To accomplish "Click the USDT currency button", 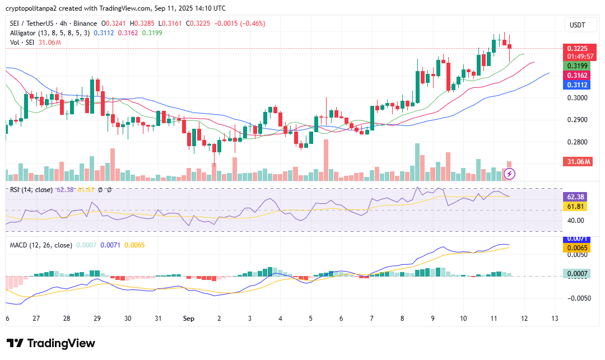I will click(x=577, y=25).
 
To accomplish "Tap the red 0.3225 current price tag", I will click(x=577, y=49).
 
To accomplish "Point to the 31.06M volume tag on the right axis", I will click(x=577, y=162).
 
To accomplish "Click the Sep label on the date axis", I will click(x=188, y=319).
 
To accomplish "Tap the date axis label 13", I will click(x=555, y=319).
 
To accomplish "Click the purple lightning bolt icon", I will click(x=510, y=174).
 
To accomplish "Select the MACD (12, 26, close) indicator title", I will click(x=41, y=245).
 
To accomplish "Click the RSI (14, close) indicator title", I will click(x=32, y=190).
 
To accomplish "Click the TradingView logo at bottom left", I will click(x=51, y=343).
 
